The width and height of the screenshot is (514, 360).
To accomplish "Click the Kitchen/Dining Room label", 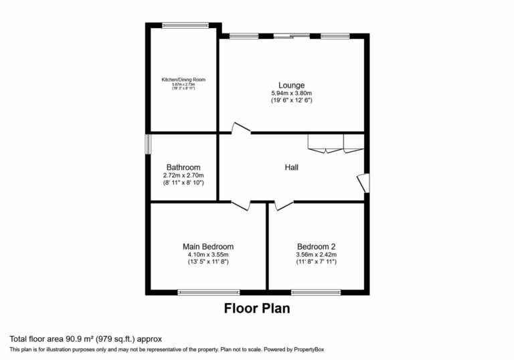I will (183, 80).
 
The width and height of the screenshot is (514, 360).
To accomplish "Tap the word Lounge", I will (292, 85).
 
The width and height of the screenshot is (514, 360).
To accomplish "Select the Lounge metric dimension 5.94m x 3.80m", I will (292, 93).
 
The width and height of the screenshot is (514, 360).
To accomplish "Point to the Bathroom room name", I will (183, 167).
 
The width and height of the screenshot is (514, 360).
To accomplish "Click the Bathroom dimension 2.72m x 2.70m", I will (183, 175).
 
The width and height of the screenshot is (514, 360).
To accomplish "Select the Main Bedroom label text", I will (208, 246).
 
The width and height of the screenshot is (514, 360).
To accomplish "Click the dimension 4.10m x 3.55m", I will (208, 254).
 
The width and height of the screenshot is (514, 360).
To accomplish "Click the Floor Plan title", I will (256, 309).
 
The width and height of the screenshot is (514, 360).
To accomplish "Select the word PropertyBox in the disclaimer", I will (307, 349).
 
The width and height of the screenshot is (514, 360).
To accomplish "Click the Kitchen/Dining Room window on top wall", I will (185, 25).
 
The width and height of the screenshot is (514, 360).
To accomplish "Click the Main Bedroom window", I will (208, 292).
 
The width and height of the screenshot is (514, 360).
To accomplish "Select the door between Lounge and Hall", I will (240, 129).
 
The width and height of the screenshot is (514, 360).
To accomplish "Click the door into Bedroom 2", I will (283, 204).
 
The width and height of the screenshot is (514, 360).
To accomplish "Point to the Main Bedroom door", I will (240, 204).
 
